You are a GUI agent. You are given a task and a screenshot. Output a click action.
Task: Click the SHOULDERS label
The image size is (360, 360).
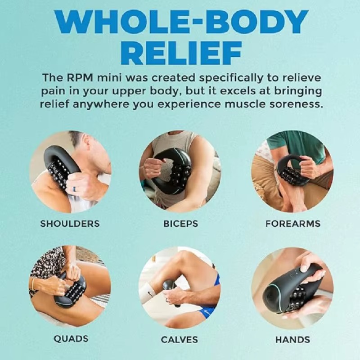click(x=70, y=224)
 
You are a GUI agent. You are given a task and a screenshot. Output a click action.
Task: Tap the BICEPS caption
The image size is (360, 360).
click(x=180, y=224)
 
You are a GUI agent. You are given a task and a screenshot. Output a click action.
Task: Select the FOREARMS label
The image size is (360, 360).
click(x=293, y=224)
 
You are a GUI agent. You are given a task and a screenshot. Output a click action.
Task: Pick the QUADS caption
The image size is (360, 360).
click(x=71, y=339)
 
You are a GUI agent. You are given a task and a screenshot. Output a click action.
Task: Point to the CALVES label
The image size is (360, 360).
click(x=179, y=340)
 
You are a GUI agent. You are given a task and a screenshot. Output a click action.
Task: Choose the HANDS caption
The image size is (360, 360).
click(x=293, y=340)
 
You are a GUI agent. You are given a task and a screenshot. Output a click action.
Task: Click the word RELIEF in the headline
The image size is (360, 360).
click(x=181, y=54)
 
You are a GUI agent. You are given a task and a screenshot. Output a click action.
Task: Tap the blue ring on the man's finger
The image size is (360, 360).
click(x=74, y=189)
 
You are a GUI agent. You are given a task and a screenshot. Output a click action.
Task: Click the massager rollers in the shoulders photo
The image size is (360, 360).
click(x=58, y=174)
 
